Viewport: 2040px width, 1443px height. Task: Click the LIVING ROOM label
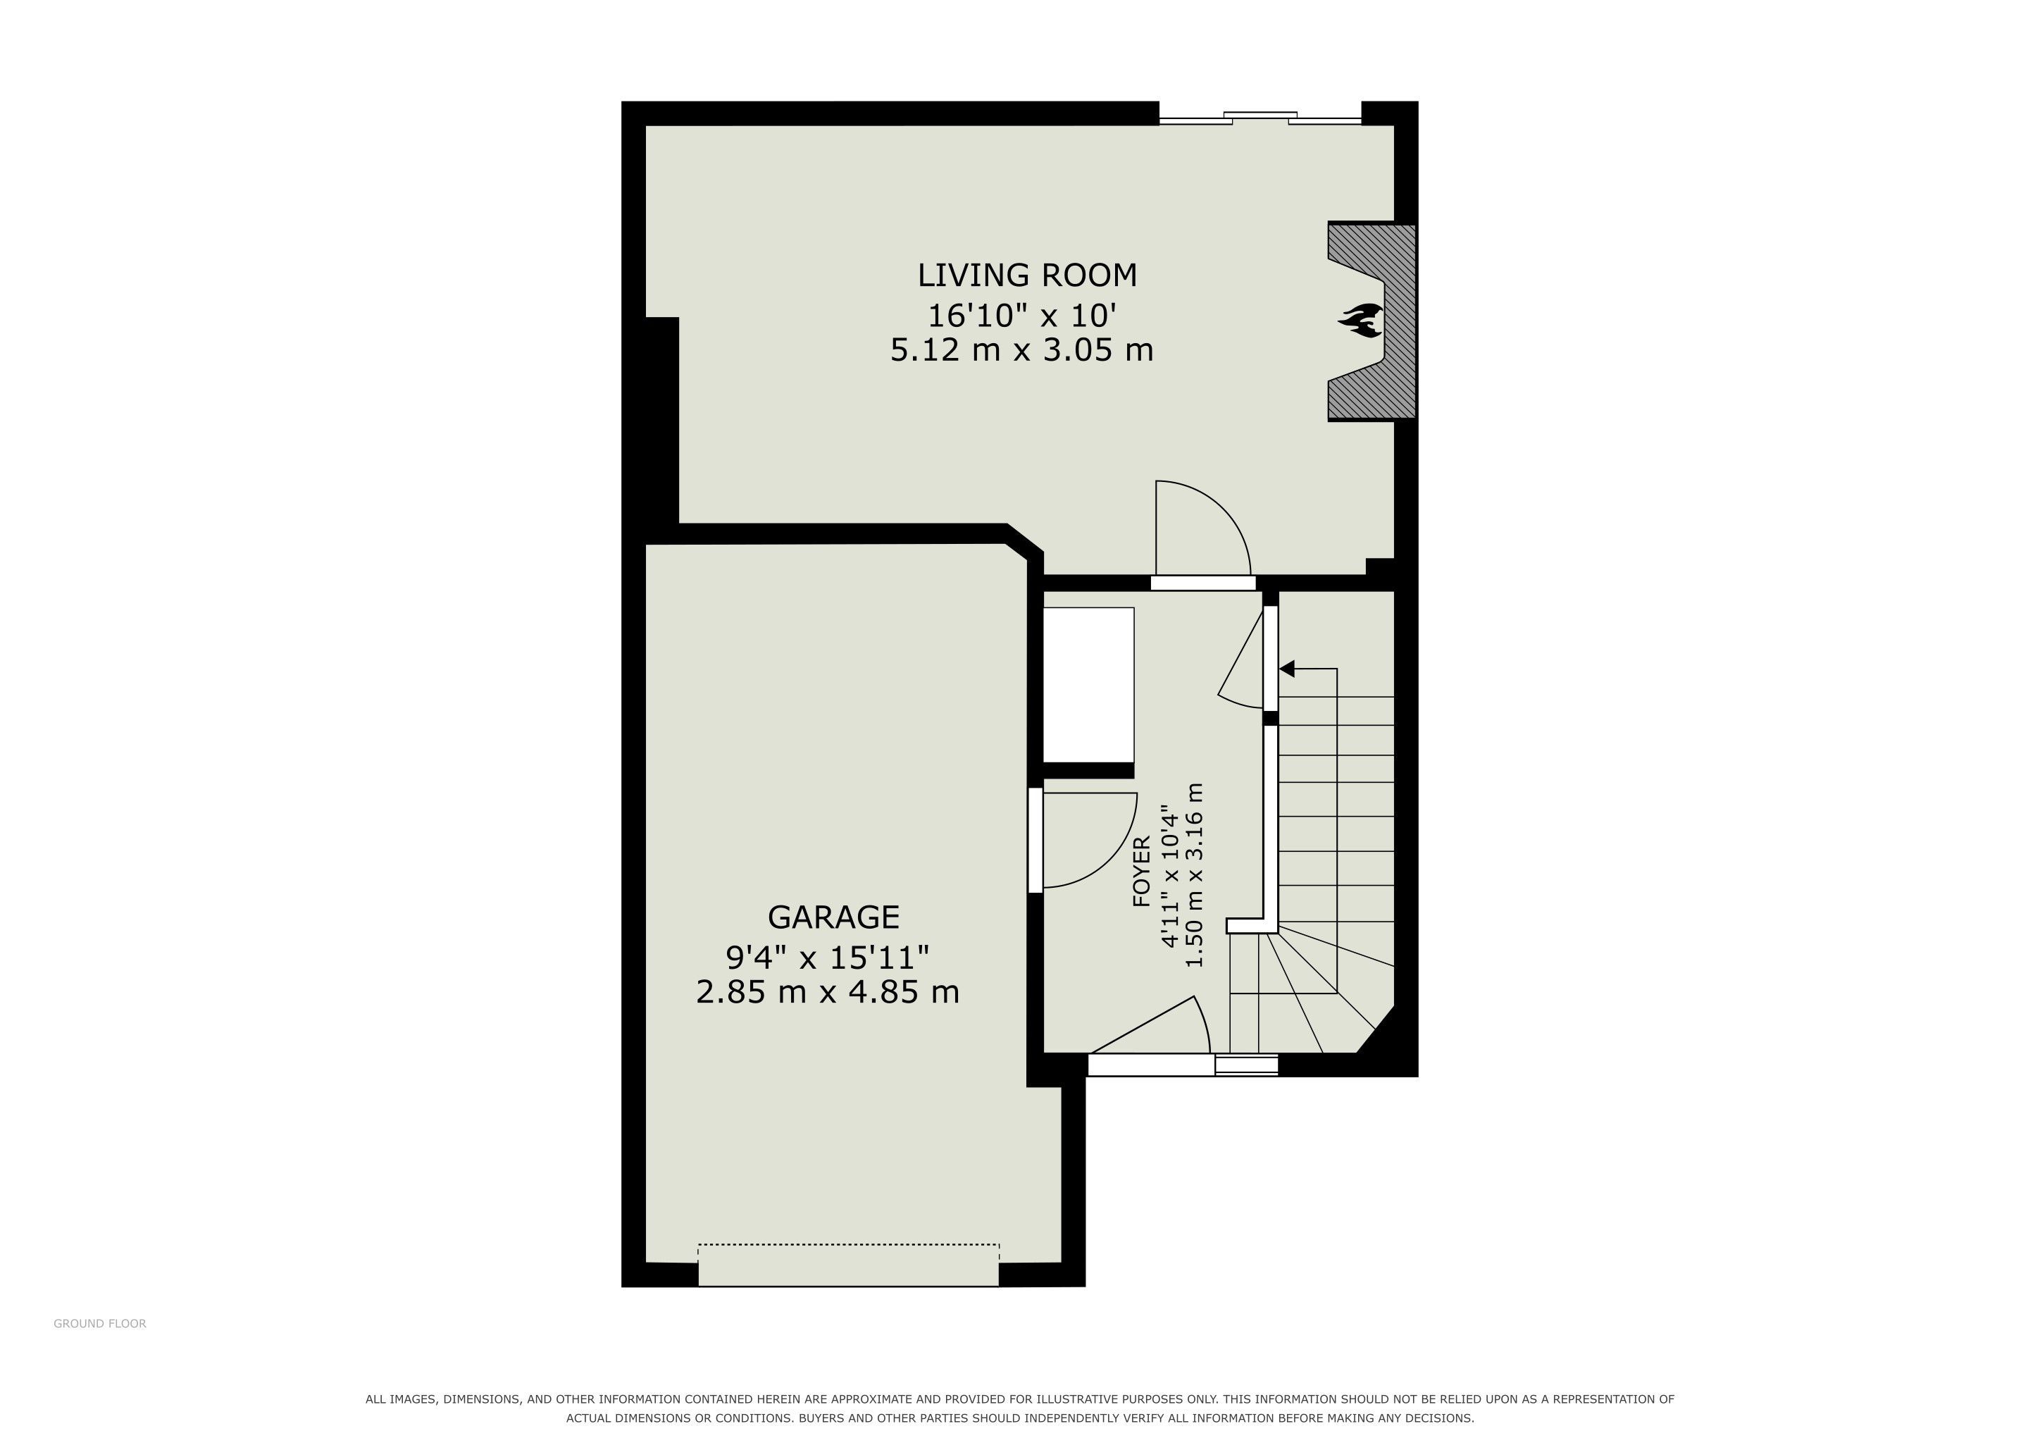point(1027,275)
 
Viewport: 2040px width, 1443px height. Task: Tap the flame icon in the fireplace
point(1360,321)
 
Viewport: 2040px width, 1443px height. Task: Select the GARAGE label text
point(833,917)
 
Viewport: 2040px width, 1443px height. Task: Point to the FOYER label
point(1142,871)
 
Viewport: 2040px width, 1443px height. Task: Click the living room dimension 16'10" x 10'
point(1022,316)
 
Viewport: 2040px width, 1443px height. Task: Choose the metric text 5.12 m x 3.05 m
point(1022,350)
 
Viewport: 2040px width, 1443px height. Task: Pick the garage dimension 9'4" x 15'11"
point(827,957)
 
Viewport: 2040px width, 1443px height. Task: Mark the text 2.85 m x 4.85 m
point(827,991)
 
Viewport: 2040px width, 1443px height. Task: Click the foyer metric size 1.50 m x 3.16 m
point(1195,875)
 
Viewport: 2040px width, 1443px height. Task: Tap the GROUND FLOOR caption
point(99,1323)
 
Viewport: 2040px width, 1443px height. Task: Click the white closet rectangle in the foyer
point(1088,684)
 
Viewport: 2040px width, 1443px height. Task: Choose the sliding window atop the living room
point(1260,118)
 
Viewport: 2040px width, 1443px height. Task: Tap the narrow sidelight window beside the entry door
point(1247,1065)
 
